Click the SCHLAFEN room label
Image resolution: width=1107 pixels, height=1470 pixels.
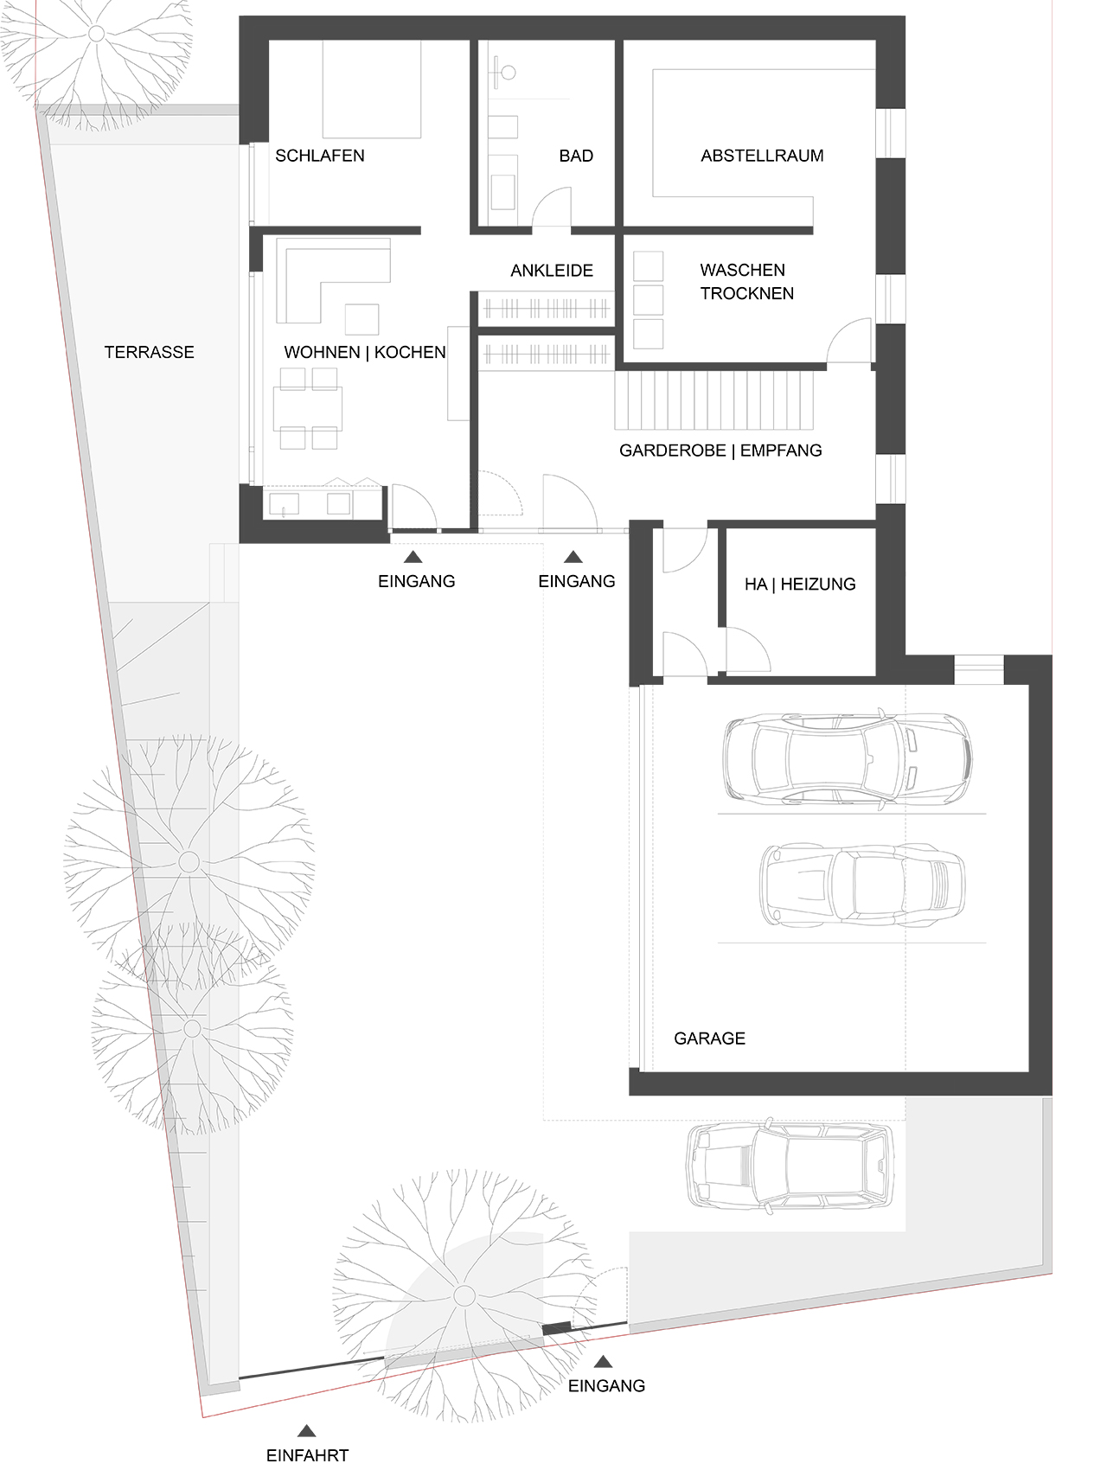[319, 156]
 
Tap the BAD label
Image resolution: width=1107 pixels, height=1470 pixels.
[576, 156]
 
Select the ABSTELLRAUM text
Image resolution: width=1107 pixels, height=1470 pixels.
[762, 156]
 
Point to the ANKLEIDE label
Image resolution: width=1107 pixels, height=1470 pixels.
[552, 271]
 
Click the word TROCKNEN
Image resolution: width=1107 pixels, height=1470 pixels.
[747, 294]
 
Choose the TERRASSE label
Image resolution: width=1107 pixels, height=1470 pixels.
[149, 352]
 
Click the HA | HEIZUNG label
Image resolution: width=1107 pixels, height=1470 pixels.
[800, 585]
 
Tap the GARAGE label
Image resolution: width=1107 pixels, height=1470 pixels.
[709, 1039]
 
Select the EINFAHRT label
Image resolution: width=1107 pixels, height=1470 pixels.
[307, 1455]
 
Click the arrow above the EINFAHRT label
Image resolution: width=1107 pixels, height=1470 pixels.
[305, 1432]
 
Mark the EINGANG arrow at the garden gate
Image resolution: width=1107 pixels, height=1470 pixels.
[606, 1361]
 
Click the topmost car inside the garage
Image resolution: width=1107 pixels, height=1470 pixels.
[847, 757]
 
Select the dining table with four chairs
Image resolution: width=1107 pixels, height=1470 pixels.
[308, 408]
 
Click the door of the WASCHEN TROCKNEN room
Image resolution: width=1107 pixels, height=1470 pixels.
[849, 342]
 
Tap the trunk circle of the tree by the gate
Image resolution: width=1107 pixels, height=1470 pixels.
[464, 1295]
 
